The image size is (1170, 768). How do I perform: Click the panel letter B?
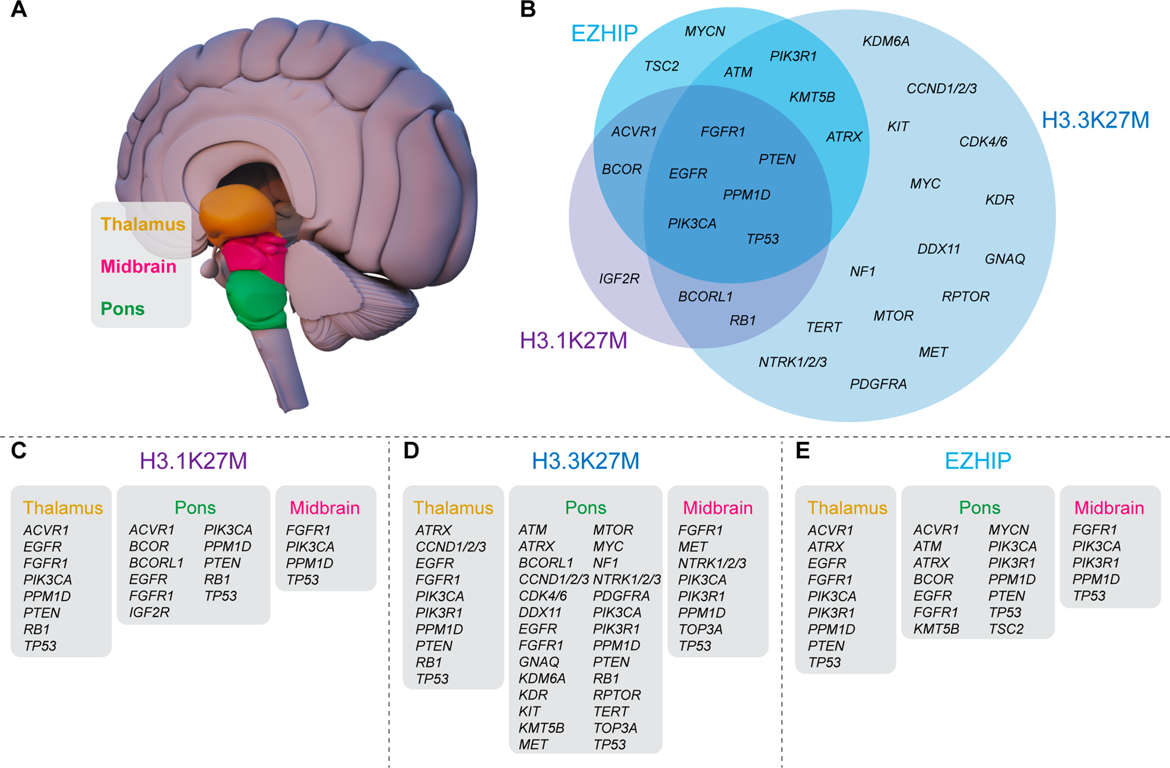(x=527, y=10)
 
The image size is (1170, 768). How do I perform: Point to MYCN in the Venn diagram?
(x=705, y=31)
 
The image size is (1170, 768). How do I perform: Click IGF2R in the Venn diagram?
(x=619, y=279)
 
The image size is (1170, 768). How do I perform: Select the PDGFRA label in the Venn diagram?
(x=878, y=384)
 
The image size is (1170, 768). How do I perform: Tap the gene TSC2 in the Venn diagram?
(x=661, y=66)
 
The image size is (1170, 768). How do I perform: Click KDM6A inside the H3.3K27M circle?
(x=886, y=41)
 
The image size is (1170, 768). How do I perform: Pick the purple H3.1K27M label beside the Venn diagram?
(x=573, y=341)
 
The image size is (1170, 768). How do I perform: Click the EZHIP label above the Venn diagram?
(x=604, y=33)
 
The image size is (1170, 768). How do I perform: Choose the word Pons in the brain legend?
(x=122, y=309)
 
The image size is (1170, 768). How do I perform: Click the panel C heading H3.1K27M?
(x=193, y=461)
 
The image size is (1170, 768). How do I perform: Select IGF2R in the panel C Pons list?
(x=149, y=612)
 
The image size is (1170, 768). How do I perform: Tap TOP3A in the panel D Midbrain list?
(x=700, y=629)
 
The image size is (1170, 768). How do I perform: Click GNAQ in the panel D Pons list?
(x=538, y=662)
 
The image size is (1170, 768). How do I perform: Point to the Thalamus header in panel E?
(x=847, y=508)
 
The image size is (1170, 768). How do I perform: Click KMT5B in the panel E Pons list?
(x=936, y=629)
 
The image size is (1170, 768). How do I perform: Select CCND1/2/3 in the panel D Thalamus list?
(x=451, y=546)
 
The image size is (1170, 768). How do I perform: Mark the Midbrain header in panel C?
(x=325, y=508)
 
